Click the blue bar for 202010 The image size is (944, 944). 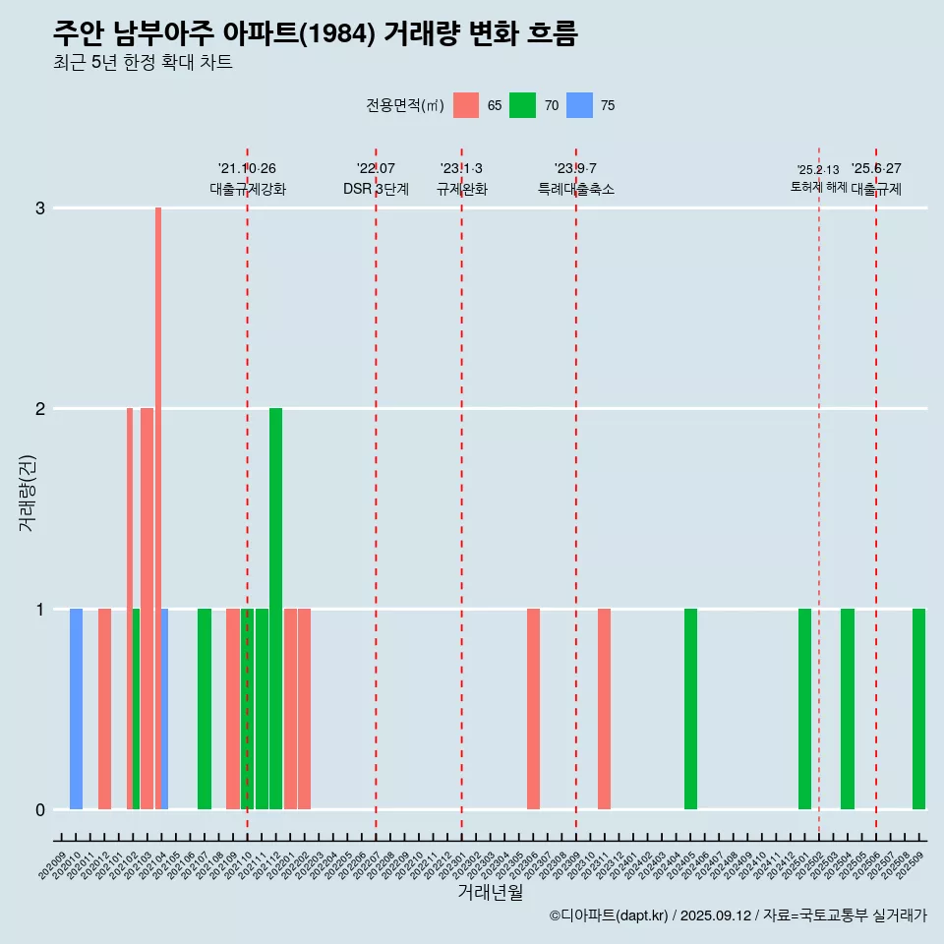(76, 708)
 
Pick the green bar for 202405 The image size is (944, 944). (690, 708)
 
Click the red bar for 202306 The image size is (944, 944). (533, 708)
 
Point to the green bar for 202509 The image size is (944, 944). (918, 708)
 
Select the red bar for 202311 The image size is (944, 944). (604, 708)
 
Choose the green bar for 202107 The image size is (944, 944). (205, 708)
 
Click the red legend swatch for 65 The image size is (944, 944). (466, 105)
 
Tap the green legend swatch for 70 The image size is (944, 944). (522, 105)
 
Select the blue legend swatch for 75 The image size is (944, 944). (580, 105)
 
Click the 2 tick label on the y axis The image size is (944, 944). (40, 409)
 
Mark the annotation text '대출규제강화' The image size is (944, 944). (248, 190)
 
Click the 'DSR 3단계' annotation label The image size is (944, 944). (376, 190)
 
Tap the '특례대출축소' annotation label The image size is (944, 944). (576, 190)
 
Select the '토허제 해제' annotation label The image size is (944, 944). (819, 187)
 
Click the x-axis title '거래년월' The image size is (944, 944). (490, 892)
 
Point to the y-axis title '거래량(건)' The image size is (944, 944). (27, 492)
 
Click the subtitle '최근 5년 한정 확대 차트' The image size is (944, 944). (143, 63)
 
